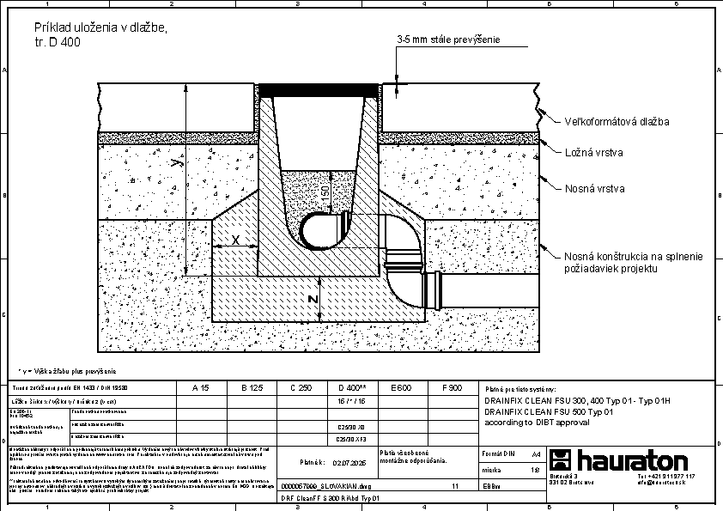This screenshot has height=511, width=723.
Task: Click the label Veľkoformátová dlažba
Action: pos(617,121)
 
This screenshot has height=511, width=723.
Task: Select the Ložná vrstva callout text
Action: pos(594,153)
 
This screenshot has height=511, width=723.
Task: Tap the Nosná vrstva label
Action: pos(594,188)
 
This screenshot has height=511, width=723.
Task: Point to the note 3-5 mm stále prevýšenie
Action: pos(448,40)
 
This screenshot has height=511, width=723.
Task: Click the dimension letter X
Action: pos(236,240)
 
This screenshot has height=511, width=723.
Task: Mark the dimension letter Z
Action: pos(314,299)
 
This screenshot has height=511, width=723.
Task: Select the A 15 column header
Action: pos(198,388)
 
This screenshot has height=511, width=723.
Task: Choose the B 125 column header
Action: pos(249,388)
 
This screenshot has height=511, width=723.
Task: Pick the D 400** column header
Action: pos(353,388)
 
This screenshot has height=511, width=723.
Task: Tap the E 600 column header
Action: pos(401,388)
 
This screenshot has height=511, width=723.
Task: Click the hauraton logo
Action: pos(618,459)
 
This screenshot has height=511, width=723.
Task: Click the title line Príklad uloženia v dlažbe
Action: pos(94,28)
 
